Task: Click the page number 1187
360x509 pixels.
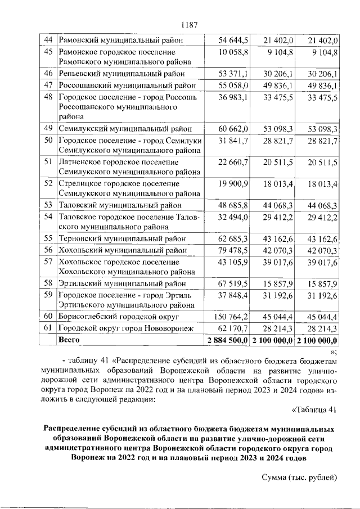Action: pyautogui.click(x=190, y=25)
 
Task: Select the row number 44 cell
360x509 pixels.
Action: pyautogui.click(x=48, y=40)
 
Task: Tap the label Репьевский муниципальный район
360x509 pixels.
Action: pyautogui.click(x=127, y=74)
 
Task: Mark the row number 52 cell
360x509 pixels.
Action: pyautogui.click(x=48, y=183)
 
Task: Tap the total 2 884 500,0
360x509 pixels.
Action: pyautogui.click(x=227, y=340)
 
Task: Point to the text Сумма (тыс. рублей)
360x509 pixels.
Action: pyautogui.click(x=299, y=478)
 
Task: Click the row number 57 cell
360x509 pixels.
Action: pyautogui.click(x=48, y=262)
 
